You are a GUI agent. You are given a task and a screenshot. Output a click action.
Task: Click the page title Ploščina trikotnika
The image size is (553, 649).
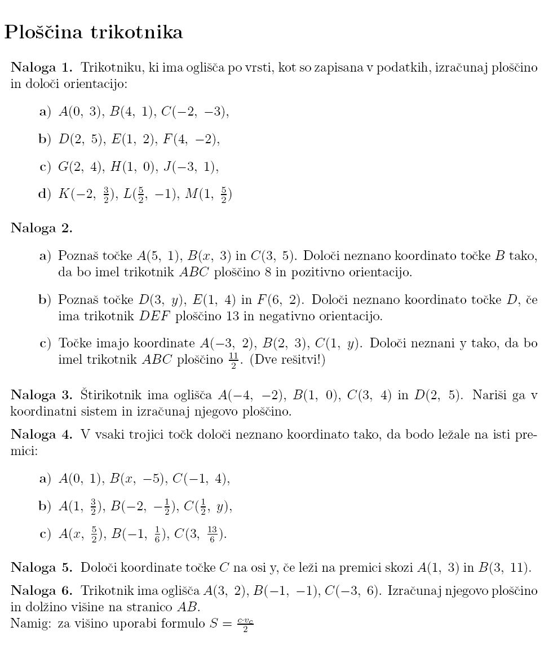[94, 32]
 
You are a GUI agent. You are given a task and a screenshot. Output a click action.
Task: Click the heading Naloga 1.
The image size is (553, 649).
[42, 68]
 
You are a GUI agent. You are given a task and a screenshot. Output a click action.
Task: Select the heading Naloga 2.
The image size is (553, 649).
[42, 228]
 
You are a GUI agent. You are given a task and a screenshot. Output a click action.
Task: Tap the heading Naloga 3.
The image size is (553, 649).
[42, 395]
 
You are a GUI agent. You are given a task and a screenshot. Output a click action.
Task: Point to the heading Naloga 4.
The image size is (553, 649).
[42, 435]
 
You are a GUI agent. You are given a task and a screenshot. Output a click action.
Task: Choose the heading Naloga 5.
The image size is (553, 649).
[42, 567]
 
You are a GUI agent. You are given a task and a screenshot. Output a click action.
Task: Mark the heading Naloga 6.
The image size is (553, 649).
[42, 591]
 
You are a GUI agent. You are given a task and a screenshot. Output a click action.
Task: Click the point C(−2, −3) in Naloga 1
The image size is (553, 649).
[194, 112]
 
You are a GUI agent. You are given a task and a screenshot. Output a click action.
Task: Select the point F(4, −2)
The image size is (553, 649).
[191, 139]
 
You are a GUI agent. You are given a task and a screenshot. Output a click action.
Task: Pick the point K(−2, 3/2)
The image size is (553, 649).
[85, 195]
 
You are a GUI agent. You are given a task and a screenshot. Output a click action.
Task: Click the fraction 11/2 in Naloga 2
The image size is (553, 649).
[234, 361]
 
